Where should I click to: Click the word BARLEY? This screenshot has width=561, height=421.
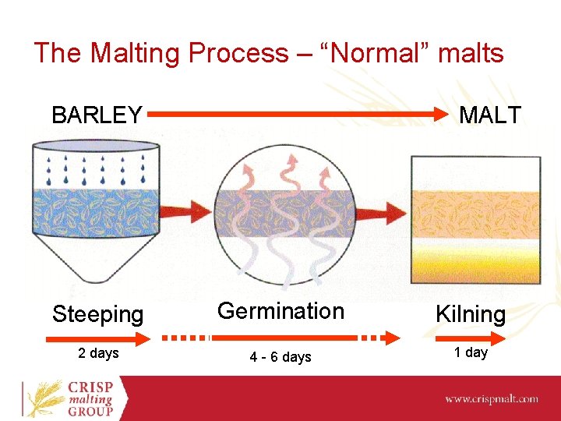tap(97, 115)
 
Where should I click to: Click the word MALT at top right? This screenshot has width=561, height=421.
tap(489, 115)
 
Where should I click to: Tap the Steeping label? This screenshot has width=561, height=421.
tap(97, 314)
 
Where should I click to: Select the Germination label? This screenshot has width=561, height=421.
tap(280, 311)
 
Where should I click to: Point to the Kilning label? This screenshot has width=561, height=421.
tap(470, 314)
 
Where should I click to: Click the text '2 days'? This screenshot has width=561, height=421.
tap(98, 353)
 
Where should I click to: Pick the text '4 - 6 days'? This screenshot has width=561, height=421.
tap(280, 357)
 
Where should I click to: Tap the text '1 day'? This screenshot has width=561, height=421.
tap(471, 352)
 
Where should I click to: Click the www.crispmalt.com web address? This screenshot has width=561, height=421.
tap(491, 398)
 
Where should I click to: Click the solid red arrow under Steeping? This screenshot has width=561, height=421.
tap(97, 338)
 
